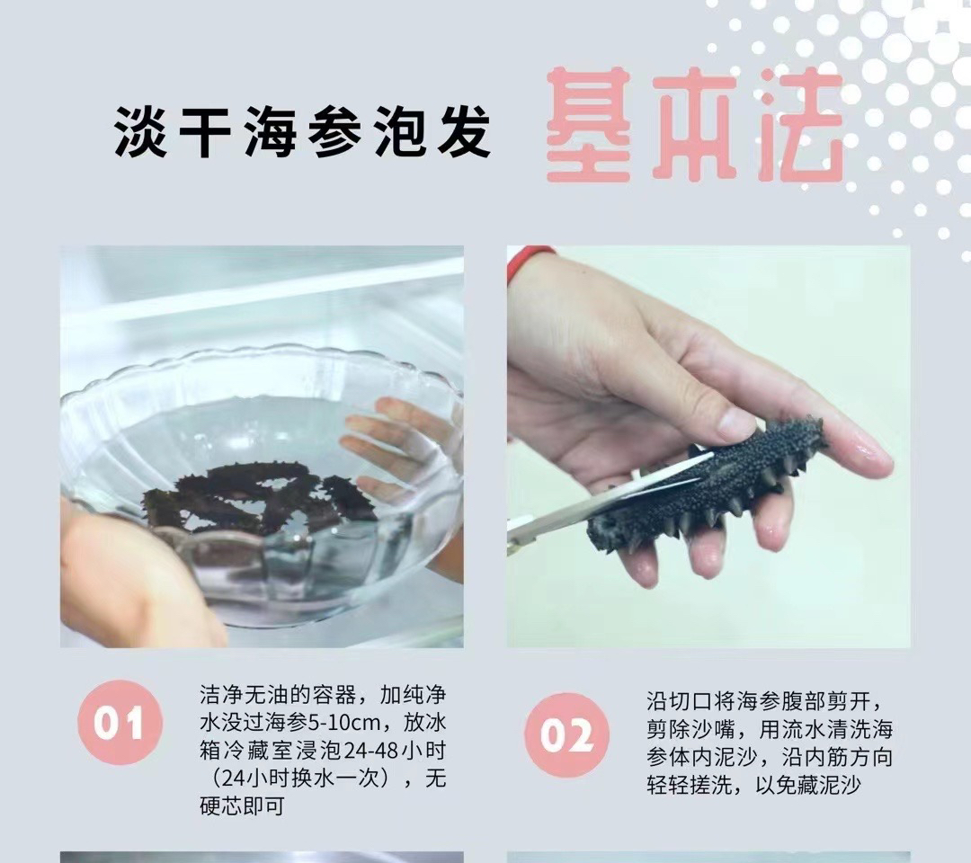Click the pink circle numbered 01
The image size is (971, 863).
(120, 722)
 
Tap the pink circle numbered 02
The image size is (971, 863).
(566, 734)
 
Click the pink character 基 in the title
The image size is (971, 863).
(589, 124)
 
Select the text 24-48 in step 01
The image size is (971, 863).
(370, 751)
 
